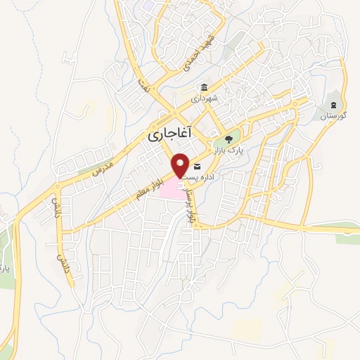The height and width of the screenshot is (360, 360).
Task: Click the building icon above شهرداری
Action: coord(204,88)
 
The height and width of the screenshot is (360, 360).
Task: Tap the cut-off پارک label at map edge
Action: coord(4,268)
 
